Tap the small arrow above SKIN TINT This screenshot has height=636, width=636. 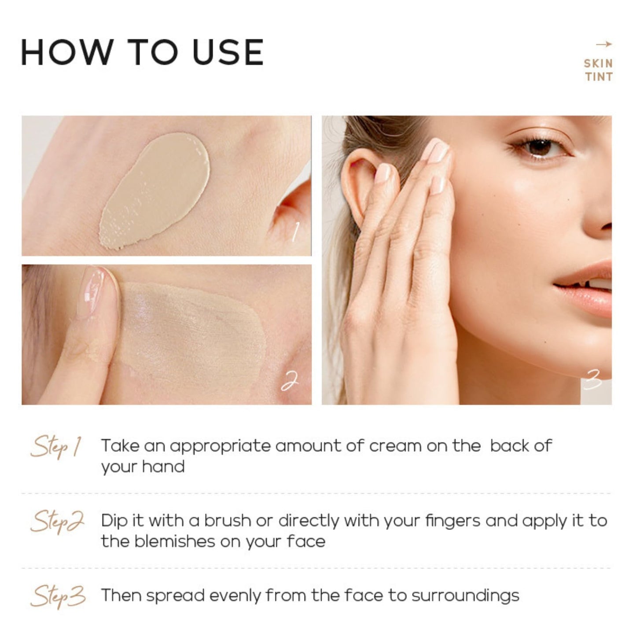603,44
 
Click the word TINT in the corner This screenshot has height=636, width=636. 599,77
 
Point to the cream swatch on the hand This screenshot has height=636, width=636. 156,189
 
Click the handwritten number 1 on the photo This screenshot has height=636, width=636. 295,232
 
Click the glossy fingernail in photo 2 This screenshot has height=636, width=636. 95,290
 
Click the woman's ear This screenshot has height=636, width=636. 361,185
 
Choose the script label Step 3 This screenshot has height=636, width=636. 58,597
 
